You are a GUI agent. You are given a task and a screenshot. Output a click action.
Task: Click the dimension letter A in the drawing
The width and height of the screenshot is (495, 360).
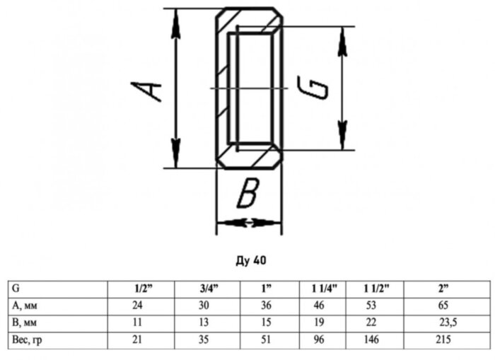pyautogui.click(x=146, y=91)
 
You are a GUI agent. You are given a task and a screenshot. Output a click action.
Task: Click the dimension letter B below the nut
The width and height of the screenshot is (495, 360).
pyautogui.click(x=248, y=192)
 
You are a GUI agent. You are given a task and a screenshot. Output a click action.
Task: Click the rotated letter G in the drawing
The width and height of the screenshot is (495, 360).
pyautogui.click(x=313, y=88)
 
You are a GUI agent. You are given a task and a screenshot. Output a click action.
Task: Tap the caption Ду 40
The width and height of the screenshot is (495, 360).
pyautogui.click(x=251, y=260)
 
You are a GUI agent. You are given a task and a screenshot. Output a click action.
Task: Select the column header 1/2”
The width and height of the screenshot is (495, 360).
pyautogui.click(x=144, y=289)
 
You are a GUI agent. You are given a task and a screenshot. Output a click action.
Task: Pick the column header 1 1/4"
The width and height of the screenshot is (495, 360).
pyautogui.click(x=324, y=289)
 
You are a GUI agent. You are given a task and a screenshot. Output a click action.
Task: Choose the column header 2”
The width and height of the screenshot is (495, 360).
pyautogui.click(x=443, y=289)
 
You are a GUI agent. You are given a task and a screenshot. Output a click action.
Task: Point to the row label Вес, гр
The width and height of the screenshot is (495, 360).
pyautogui.click(x=27, y=340)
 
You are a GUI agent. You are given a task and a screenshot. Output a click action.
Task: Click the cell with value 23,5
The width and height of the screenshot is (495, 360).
pyautogui.click(x=448, y=323)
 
